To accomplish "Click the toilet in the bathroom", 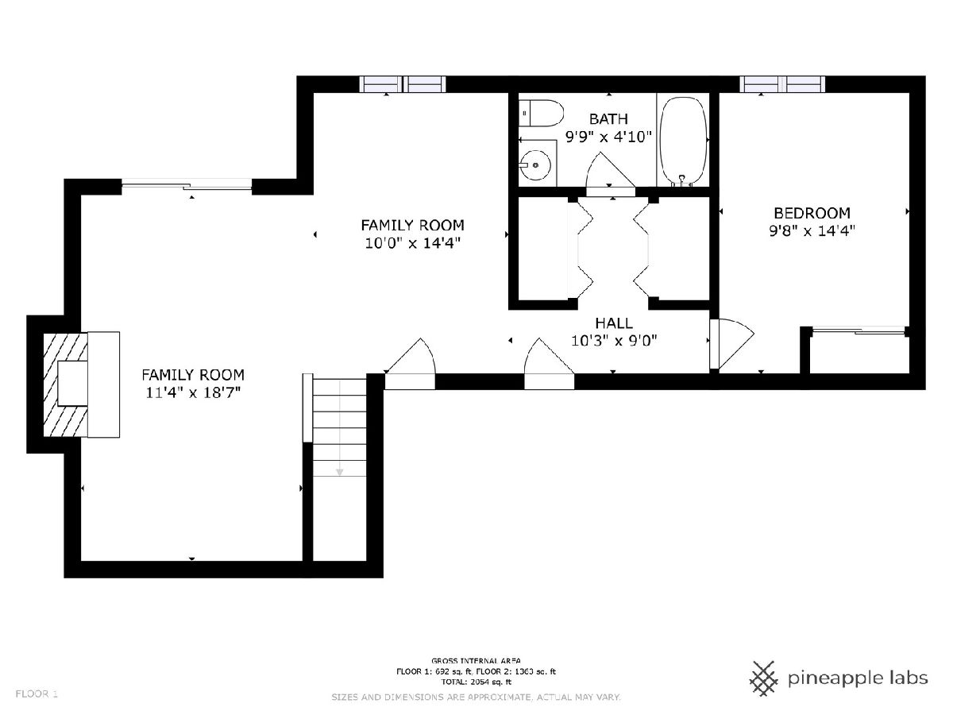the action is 541,114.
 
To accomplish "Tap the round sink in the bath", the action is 536,165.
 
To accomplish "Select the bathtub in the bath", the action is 684,141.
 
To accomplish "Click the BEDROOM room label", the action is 812,213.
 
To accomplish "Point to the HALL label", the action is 613,323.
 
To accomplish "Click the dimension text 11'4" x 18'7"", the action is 193,392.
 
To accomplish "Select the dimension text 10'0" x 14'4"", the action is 412,242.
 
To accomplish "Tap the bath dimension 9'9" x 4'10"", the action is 608,137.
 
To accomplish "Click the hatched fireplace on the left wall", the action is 66,385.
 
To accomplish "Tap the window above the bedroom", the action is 782,84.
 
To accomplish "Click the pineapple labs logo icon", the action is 764,678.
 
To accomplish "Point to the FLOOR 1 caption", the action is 37,694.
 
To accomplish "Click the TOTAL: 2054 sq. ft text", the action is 476,682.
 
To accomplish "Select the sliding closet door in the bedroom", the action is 858,330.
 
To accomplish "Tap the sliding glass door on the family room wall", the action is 187,185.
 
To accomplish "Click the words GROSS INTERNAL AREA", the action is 476,661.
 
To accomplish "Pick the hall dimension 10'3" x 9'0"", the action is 613,341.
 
